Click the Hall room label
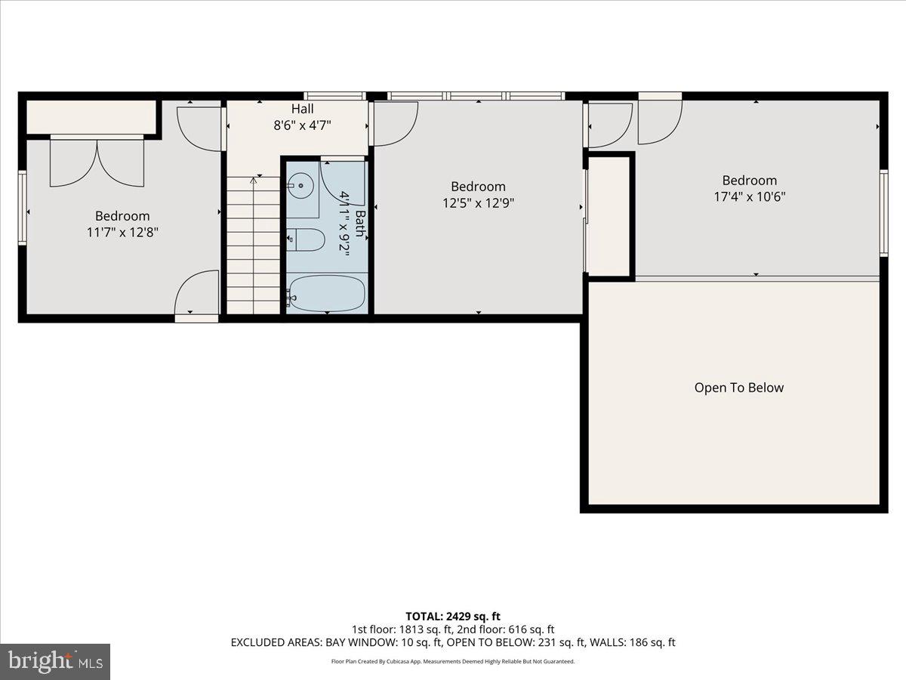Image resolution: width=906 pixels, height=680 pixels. pyautogui.click(x=302, y=110)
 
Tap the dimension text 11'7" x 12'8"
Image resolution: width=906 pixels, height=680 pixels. pyautogui.click(x=122, y=232)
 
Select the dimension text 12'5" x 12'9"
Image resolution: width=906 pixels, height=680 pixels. pyautogui.click(x=478, y=202)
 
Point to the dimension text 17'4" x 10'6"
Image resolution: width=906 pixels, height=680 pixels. pyautogui.click(x=749, y=196)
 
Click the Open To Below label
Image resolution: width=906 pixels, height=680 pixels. pyautogui.click(x=738, y=388)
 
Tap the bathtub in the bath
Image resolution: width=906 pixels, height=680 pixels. pyautogui.click(x=328, y=293)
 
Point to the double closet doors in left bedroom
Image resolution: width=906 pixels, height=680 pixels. pyautogui.click(x=97, y=162)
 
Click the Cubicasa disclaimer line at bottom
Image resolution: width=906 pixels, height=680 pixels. pyautogui.click(x=453, y=661)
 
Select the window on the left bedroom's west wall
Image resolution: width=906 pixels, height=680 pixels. pyautogui.click(x=23, y=208)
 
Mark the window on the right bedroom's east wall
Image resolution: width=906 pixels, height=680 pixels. pyautogui.click(x=883, y=213)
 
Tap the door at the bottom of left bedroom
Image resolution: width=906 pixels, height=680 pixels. pyautogui.click(x=196, y=296)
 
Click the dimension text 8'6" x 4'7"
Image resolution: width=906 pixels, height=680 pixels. pyautogui.click(x=302, y=125)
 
